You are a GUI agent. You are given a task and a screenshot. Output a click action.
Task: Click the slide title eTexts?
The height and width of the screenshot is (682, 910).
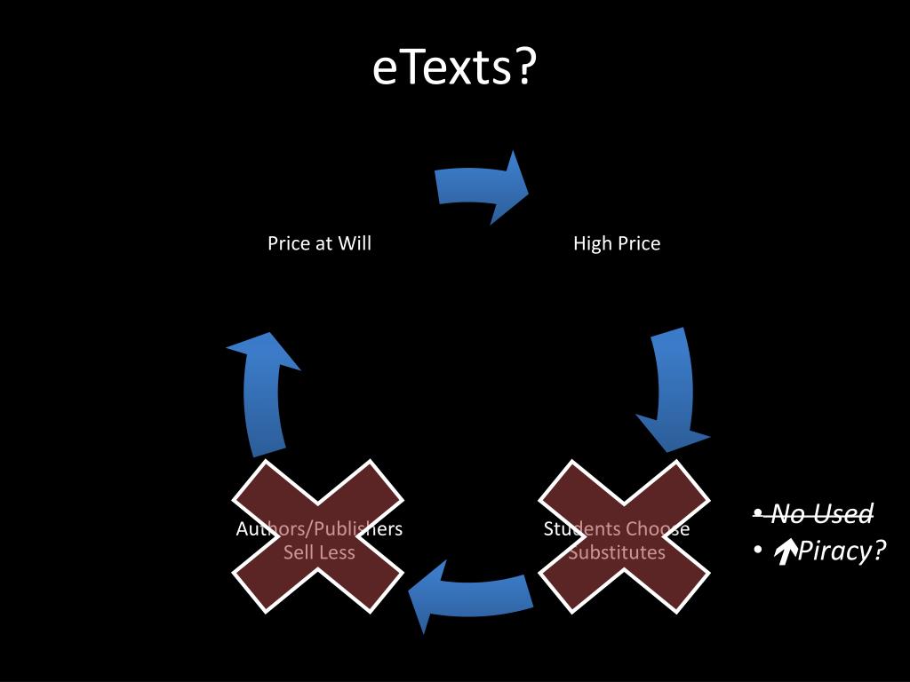point(454,69)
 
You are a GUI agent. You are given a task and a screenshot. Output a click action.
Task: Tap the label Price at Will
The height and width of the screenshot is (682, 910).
point(319,243)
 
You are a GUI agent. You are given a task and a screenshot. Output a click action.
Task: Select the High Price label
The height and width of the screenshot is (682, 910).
point(617,243)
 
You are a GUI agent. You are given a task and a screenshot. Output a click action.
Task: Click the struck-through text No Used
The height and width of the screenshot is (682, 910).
point(822,513)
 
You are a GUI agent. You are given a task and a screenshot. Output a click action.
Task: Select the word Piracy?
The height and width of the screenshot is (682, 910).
point(842,551)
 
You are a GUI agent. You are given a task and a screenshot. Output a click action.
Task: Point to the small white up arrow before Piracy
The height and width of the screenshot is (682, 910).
point(784,553)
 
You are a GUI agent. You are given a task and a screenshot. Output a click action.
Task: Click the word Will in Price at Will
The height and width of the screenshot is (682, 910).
point(355,243)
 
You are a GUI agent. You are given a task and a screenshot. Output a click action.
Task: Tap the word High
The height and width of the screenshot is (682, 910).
point(592,243)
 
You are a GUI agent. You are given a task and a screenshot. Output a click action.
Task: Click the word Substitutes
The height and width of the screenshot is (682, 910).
point(617,552)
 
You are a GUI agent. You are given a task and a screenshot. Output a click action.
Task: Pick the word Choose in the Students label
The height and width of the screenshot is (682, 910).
point(657,529)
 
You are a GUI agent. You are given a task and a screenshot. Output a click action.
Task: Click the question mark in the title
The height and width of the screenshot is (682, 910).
point(525,69)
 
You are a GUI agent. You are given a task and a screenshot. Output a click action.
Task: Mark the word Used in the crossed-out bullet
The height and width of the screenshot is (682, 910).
point(848,513)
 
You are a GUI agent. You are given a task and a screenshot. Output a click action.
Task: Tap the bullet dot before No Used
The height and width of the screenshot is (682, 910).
point(757,514)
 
